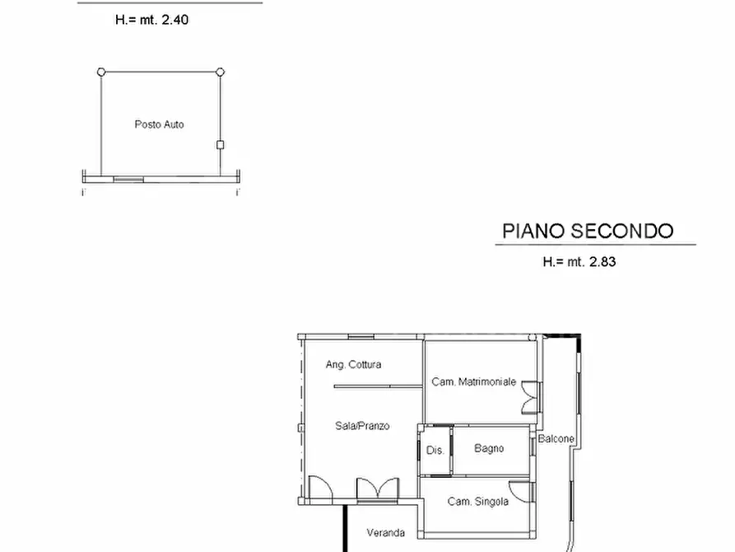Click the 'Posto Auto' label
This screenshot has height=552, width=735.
coord(159,124)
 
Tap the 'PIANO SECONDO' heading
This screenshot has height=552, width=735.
coord(588,231)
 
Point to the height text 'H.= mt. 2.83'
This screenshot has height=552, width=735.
coord(579,262)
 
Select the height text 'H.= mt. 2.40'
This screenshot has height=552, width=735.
coord(151,20)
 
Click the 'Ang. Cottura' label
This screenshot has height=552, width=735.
coord(353,364)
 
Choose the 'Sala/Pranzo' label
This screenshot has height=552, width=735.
coord(362,426)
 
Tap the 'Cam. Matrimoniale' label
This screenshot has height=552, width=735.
coord(474,381)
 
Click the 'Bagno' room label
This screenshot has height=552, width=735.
coord(489,448)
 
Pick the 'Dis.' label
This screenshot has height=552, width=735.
coord(435,451)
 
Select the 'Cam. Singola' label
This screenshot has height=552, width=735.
coord(477,501)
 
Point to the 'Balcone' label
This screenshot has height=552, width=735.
coord(556,439)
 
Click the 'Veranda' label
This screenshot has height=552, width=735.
coord(385,531)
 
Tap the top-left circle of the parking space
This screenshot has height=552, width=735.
coord(101,73)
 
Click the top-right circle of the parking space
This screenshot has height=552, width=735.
coord(220,73)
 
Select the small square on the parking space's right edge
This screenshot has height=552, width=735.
coord(220,145)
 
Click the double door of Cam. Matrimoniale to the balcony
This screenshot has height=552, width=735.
coord(531,397)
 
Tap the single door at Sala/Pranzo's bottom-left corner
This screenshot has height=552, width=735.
coord(319,489)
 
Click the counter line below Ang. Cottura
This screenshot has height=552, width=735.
coord(372,386)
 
